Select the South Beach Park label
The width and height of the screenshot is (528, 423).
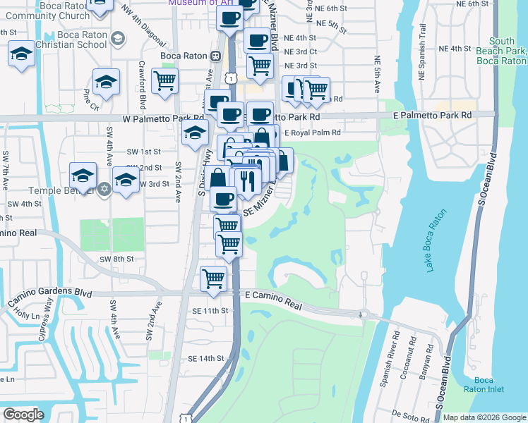click(501, 51)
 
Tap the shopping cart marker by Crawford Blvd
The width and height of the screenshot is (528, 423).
click(164, 81)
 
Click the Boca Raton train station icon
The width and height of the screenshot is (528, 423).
click(216, 56)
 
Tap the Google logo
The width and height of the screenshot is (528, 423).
click(23, 415)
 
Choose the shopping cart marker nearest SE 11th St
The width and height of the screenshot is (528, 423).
click(212, 278)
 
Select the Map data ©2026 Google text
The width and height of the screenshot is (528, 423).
click(484, 417)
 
